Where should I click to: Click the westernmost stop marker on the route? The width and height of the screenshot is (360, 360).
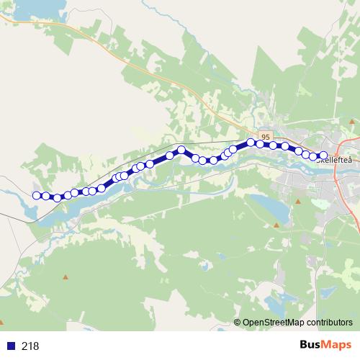36,194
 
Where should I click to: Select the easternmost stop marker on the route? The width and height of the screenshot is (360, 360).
323,156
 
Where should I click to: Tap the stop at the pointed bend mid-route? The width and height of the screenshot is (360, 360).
182,150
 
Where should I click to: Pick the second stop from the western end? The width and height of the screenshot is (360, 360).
45,196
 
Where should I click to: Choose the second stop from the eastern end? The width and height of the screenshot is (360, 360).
314,156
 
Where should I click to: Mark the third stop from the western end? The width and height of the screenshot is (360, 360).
58,198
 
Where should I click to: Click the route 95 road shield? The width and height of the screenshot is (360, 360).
266,135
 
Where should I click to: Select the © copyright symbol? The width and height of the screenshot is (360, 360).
238,323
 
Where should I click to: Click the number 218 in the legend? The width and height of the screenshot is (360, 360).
30,346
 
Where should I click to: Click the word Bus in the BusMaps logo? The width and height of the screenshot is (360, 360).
310,346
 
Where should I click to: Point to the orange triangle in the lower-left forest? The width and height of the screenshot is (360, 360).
66,276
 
